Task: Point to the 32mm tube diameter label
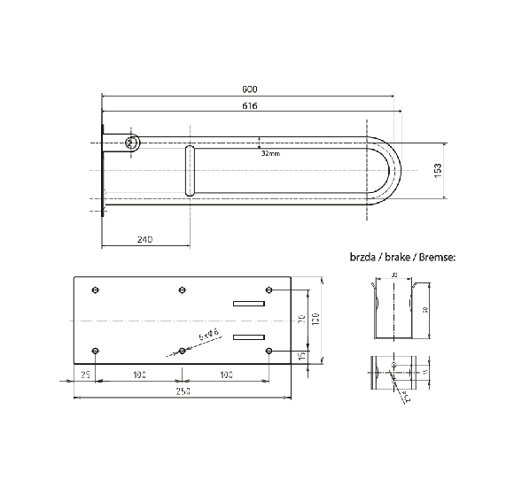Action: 271,152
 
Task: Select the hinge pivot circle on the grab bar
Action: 132,143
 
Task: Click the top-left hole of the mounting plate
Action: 96,290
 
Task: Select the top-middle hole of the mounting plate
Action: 182,290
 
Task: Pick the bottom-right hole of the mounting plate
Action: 269,352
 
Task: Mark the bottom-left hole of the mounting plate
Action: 96,352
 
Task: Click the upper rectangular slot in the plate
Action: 249,304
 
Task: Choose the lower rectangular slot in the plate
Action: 249,336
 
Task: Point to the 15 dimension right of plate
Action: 302,356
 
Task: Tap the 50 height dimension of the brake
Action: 424,310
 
